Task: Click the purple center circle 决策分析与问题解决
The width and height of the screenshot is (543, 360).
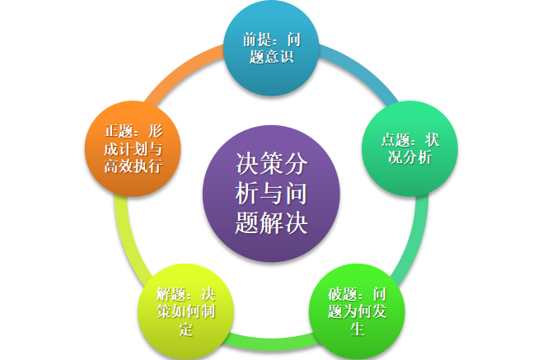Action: pos(271,193)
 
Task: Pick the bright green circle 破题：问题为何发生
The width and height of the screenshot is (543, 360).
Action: pos(357,311)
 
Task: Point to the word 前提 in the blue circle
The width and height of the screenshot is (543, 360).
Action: pos(256,40)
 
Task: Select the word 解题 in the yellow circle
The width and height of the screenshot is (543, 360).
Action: pos(171,294)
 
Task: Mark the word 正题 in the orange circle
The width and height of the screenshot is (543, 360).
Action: pos(118,131)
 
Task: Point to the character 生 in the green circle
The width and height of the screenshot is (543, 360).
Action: pos(357,330)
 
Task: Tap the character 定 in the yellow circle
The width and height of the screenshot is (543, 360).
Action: pos(185,330)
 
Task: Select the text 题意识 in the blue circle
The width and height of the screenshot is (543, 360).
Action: pos(270,57)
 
